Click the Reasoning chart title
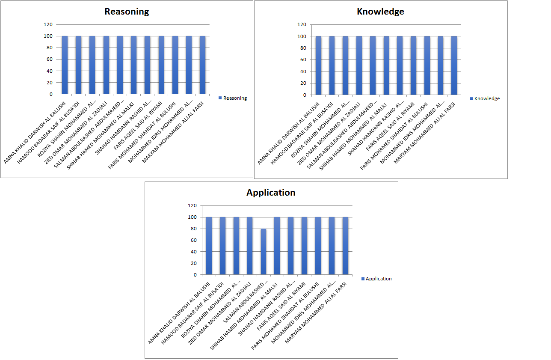point(127,12)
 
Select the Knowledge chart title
point(380,12)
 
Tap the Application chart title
point(271,193)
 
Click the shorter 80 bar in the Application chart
point(264,252)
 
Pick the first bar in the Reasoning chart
point(65,65)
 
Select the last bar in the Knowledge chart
point(454,65)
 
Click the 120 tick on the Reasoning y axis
point(48,24)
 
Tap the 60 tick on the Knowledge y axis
point(303,60)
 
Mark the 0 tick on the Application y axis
point(195,275)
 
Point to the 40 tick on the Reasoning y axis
point(50,71)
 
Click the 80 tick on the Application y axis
point(193,229)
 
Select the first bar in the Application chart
point(209,246)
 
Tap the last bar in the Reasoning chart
point(203,65)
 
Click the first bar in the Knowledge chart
point(318,65)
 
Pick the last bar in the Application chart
point(345,246)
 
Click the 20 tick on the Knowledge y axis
point(303,83)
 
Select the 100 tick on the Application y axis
point(192,217)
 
